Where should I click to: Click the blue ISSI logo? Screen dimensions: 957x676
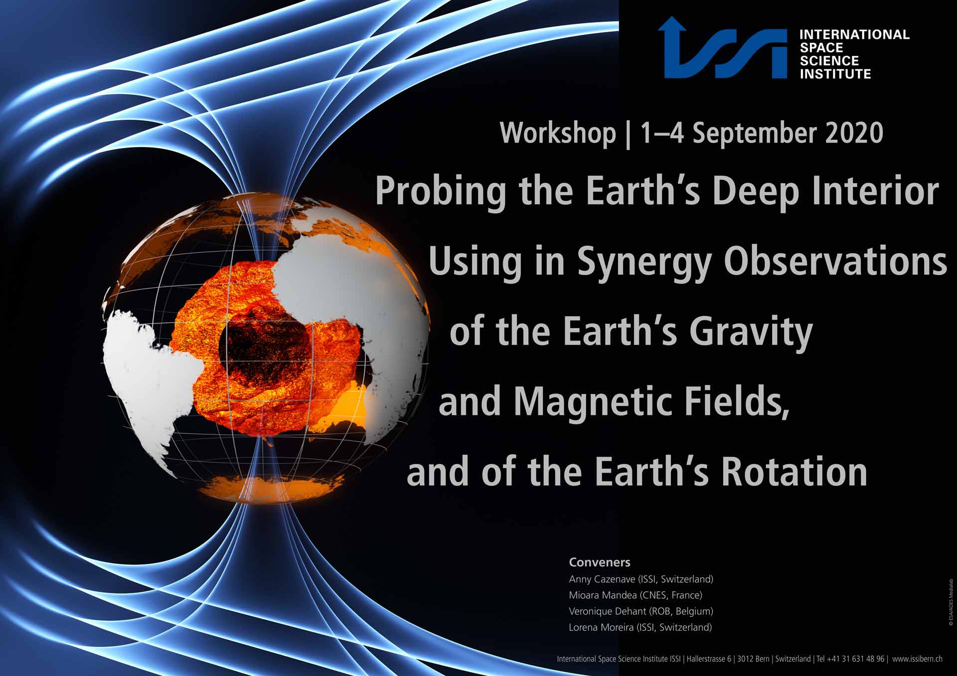pos(722,48)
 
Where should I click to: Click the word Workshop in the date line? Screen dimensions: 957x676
pos(558,134)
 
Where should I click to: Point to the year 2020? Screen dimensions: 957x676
pos(854,133)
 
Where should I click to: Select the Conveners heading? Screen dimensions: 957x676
pos(600,562)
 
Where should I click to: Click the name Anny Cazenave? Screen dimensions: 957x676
pos(602,579)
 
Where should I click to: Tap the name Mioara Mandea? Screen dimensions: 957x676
pos(602,595)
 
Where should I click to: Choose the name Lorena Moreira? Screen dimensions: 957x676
pos(601,627)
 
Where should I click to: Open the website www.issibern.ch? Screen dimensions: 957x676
pos(917,659)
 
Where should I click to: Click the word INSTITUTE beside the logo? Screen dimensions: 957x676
pos(835,74)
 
